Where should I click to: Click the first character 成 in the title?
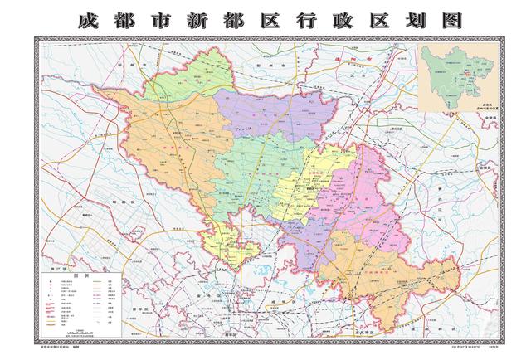(86, 19)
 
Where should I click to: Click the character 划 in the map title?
(412, 19)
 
